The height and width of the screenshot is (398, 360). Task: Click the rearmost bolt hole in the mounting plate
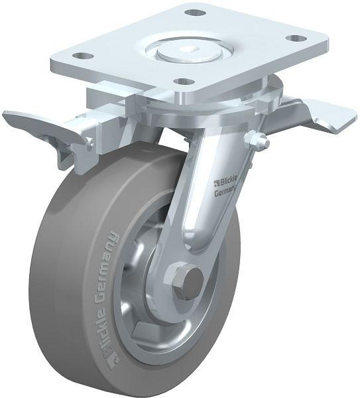point(194,13)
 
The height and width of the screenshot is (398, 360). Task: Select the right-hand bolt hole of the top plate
point(299,38)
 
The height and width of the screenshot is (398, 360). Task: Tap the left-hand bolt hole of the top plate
point(80,56)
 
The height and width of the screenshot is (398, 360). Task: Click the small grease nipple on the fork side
point(257,139)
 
